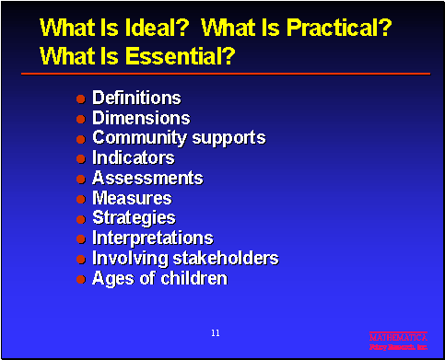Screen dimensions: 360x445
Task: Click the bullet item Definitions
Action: click(x=136, y=98)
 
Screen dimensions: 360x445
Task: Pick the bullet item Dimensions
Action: click(x=141, y=118)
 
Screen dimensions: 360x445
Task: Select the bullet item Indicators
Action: click(x=133, y=158)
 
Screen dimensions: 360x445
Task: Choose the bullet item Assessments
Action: click(x=147, y=178)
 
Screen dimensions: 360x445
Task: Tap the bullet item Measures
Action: click(x=132, y=198)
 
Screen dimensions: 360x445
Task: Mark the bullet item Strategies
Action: click(x=134, y=218)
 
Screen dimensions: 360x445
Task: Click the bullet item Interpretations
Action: click(x=152, y=238)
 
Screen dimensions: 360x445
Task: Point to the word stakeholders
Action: click(x=223, y=258)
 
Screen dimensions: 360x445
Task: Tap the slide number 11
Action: click(x=215, y=331)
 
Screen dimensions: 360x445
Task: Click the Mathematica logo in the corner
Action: click(x=398, y=342)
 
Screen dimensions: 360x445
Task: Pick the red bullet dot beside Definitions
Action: click(x=81, y=99)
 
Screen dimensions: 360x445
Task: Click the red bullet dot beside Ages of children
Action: click(x=81, y=279)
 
